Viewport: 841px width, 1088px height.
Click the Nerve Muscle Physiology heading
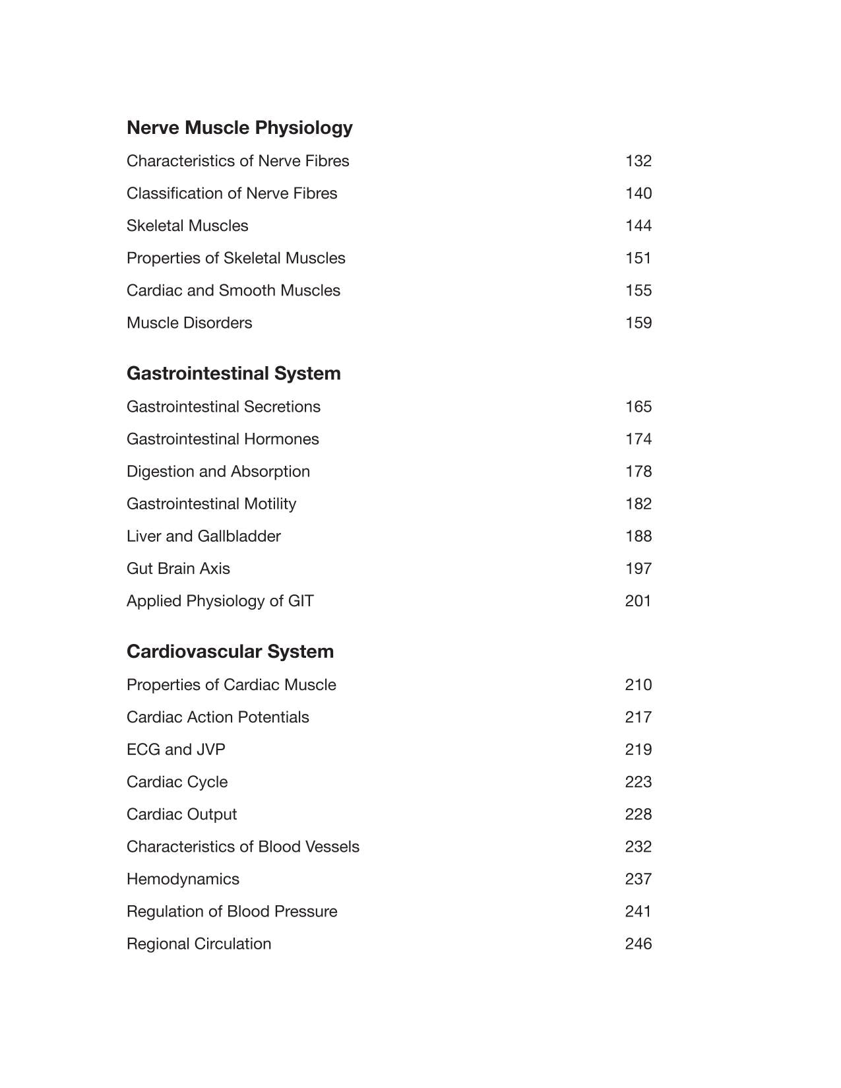[239, 127]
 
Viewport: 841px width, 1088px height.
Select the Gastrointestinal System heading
[234, 373]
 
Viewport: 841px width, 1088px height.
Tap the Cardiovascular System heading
[230, 652]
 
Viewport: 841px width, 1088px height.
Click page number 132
[638, 161]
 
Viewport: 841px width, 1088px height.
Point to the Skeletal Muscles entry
[187, 226]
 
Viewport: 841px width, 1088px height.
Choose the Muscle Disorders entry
[189, 323]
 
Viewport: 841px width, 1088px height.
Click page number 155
[638, 290]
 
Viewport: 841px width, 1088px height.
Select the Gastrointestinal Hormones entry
[222, 439]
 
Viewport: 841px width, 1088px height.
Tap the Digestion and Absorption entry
[218, 471]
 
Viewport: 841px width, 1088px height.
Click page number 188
[638, 536]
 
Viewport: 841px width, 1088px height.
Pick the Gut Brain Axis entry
[178, 568]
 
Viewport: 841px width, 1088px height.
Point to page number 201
[638, 601]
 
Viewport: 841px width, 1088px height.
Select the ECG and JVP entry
[175, 750]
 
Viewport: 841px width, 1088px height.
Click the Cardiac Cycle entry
[177, 782]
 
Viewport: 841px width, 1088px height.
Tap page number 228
[638, 814]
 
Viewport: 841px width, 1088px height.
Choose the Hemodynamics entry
[183, 879]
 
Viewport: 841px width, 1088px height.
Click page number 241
[638, 911]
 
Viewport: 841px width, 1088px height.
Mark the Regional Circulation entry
[199, 944]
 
